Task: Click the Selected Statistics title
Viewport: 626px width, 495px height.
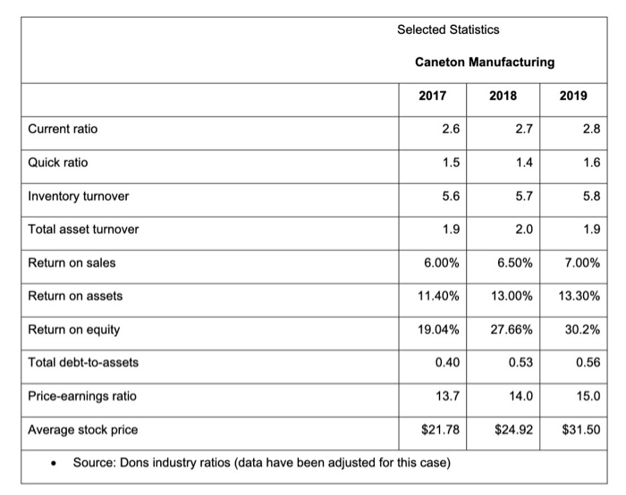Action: (448, 29)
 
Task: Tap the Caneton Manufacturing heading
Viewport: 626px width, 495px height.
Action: (484, 63)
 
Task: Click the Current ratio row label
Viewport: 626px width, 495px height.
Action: (63, 130)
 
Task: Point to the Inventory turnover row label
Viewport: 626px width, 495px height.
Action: (78, 196)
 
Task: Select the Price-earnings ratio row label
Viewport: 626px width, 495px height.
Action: (83, 396)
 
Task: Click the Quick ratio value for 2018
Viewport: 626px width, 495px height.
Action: (524, 163)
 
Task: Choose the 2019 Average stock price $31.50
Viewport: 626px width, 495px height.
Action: (581, 430)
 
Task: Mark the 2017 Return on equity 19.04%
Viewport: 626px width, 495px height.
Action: (440, 330)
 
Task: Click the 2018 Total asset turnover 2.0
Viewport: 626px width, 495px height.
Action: (524, 229)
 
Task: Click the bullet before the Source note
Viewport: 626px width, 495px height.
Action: (55, 463)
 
